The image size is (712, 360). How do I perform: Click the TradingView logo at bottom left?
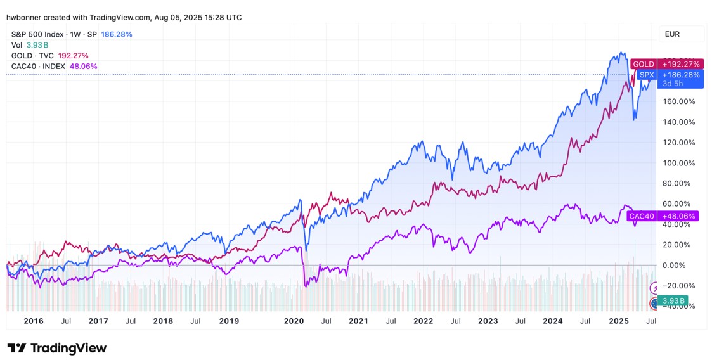coord(57,348)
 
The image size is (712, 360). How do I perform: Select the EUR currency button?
coord(672,34)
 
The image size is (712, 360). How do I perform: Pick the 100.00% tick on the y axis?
coord(678,163)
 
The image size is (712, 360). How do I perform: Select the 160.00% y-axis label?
coord(678,101)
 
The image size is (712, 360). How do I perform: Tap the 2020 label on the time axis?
coord(294,321)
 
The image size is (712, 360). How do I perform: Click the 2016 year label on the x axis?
coord(33,321)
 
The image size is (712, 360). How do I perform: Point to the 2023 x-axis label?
coord(488,321)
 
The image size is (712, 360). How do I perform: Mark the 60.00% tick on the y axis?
coord(678,204)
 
